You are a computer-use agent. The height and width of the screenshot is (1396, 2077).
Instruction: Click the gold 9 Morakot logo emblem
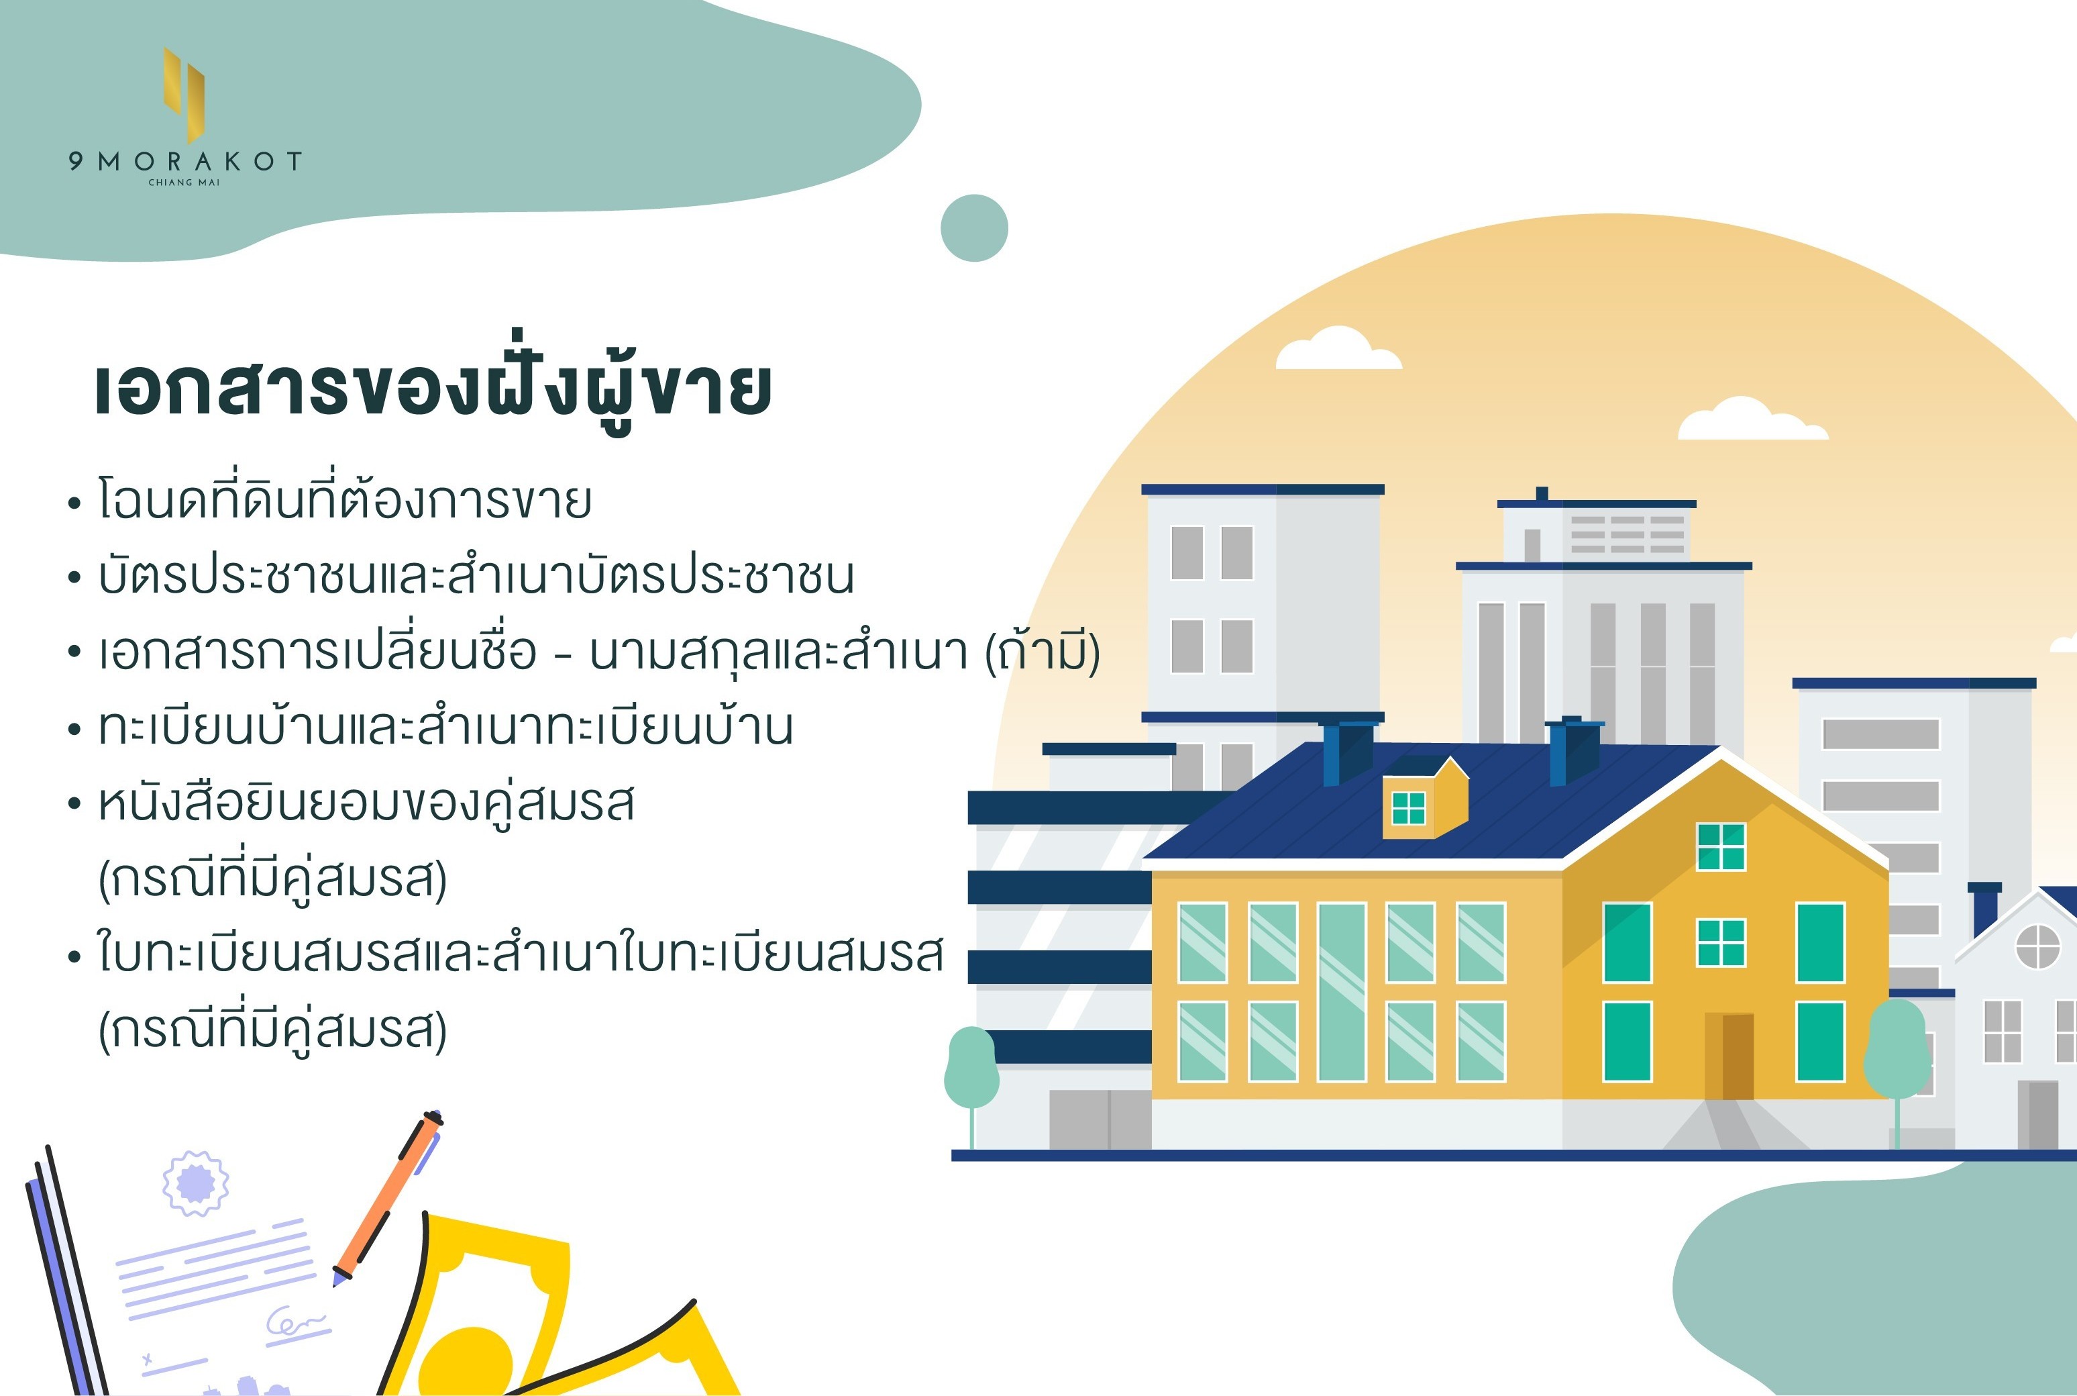[x=184, y=95]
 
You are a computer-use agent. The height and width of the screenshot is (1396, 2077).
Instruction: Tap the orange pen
[x=388, y=1197]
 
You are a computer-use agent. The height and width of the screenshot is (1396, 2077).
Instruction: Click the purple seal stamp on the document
[x=195, y=1183]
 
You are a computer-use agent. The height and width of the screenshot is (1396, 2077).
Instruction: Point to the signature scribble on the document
[x=297, y=1323]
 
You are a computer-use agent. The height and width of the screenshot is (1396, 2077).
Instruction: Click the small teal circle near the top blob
[x=974, y=228]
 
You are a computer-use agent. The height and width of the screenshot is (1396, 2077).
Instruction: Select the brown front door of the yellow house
[x=1729, y=1056]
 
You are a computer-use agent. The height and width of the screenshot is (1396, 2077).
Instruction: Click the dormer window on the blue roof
[x=1409, y=808]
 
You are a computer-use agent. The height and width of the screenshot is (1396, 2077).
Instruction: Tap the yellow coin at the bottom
[x=466, y=1362]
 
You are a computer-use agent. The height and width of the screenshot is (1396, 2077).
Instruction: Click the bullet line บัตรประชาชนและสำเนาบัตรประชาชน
[x=476, y=575]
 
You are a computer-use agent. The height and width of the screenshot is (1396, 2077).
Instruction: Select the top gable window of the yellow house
[x=1721, y=847]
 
